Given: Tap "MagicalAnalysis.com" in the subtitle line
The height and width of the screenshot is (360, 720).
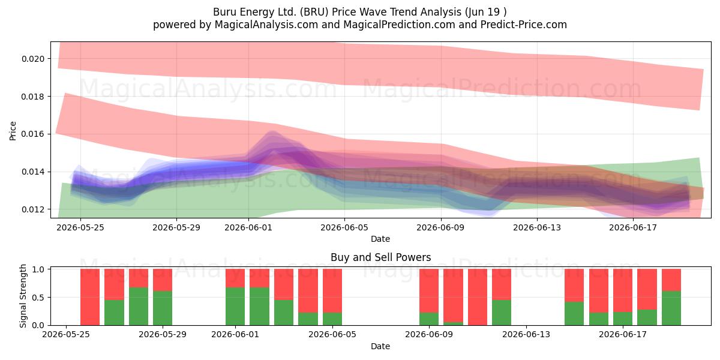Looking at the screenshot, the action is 266,25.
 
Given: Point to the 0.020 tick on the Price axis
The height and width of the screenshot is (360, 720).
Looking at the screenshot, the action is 33,59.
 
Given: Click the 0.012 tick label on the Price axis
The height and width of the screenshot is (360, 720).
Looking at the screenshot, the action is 33,209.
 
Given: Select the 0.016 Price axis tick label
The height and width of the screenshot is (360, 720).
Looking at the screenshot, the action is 33,134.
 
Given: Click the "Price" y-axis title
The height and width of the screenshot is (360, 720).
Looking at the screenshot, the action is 13,131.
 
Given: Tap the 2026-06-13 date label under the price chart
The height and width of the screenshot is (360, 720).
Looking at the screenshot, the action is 537,227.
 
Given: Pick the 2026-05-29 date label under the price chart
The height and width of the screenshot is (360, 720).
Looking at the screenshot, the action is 176,227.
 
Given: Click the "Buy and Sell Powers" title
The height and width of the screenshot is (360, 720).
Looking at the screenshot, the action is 380,257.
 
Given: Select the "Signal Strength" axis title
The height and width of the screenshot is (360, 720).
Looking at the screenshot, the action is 23,296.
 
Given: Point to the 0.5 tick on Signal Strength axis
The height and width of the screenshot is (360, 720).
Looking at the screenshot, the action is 38,298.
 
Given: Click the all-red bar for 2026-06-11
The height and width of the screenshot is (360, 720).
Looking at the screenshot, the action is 478,297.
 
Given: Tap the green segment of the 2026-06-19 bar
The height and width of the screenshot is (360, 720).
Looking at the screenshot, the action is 671,308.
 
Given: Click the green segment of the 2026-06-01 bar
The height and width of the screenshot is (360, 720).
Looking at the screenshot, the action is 235,307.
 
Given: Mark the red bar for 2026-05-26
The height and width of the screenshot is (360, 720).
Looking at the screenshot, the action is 89,297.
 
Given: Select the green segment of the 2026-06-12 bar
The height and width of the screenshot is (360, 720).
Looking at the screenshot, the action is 502,313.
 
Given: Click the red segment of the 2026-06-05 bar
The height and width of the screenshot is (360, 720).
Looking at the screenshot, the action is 332,290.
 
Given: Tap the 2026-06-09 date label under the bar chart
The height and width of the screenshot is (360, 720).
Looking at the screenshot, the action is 429,335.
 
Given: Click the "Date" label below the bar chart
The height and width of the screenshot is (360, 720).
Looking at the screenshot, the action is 380,346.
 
